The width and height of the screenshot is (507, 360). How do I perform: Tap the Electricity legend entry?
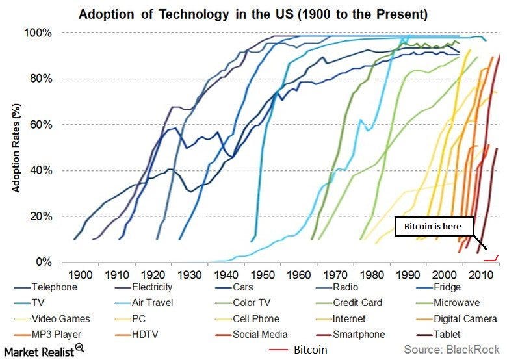click(149, 287)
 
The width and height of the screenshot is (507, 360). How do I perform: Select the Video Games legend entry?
click(62, 319)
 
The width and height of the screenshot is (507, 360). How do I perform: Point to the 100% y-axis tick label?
click(39, 33)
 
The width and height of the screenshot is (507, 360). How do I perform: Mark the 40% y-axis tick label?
click(42, 171)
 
